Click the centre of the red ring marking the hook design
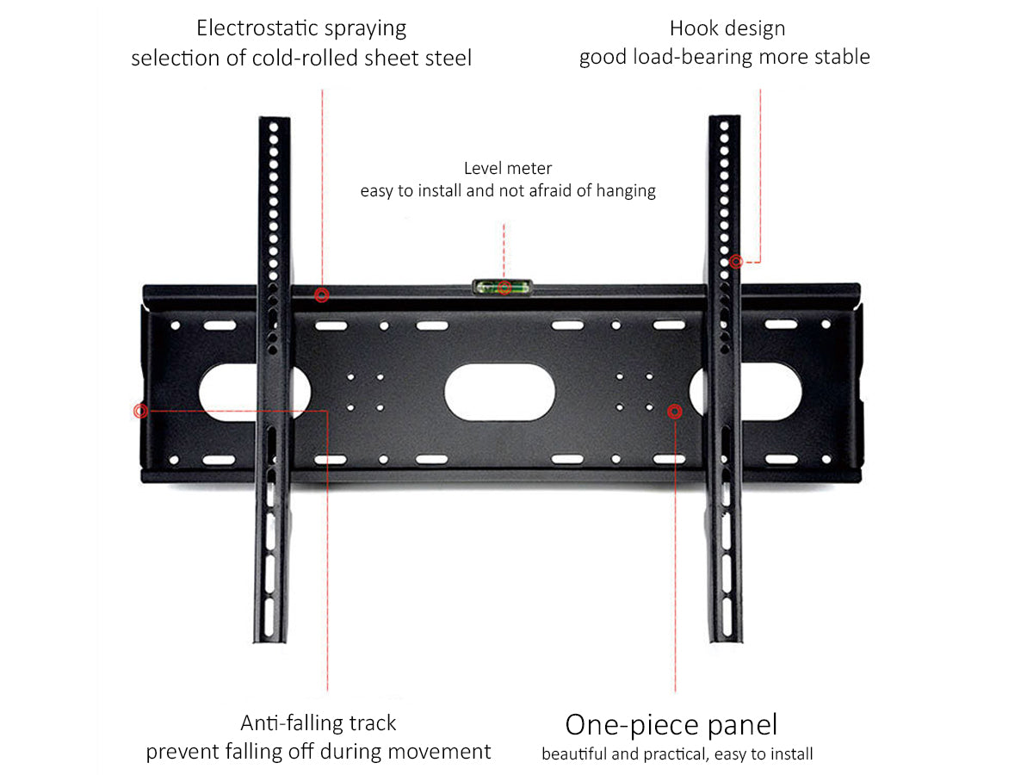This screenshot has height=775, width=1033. coord(736,262)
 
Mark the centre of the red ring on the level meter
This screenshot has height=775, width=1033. coord(504,288)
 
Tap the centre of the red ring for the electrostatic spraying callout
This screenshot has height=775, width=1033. coord(322,295)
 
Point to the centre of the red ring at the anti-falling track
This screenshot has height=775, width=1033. coord(140,412)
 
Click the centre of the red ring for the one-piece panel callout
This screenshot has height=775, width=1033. coord(675,412)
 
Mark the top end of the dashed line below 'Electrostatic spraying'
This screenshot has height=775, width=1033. coord(322,90)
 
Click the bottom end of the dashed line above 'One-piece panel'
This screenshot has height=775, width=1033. coord(676,691)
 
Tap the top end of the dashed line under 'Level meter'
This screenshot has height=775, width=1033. coord(504,224)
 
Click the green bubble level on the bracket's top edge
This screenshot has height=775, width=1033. coord(502,287)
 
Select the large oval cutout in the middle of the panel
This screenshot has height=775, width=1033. coord(500,392)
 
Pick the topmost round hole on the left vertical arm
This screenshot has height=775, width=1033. coord(274,127)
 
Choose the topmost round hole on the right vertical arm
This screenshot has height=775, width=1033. coord(725,126)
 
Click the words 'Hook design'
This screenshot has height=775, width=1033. coord(727,28)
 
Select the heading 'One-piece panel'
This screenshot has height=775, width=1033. coord(671,725)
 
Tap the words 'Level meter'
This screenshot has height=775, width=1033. coord(508,168)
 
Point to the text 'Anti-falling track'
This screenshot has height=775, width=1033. coord(319,722)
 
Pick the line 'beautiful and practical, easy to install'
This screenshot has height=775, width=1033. coord(677,754)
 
